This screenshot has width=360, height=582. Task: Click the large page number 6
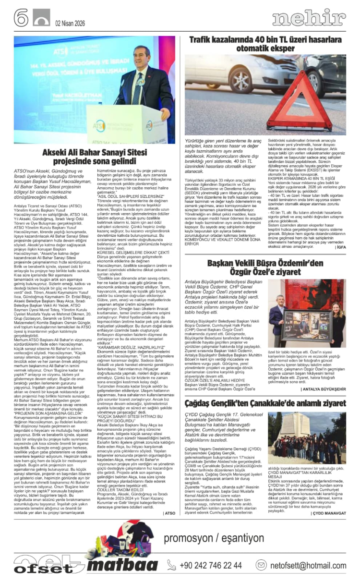(x=21, y=18)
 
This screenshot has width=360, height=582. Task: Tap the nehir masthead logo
(x=308, y=18)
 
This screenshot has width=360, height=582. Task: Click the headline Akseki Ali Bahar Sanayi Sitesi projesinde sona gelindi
(x=94, y=157)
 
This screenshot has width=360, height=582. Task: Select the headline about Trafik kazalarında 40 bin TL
(x=267, y=45)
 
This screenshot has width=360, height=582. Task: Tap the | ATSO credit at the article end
(x=168, y=513)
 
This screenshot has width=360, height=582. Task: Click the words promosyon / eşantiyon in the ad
(x=214, y=538)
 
